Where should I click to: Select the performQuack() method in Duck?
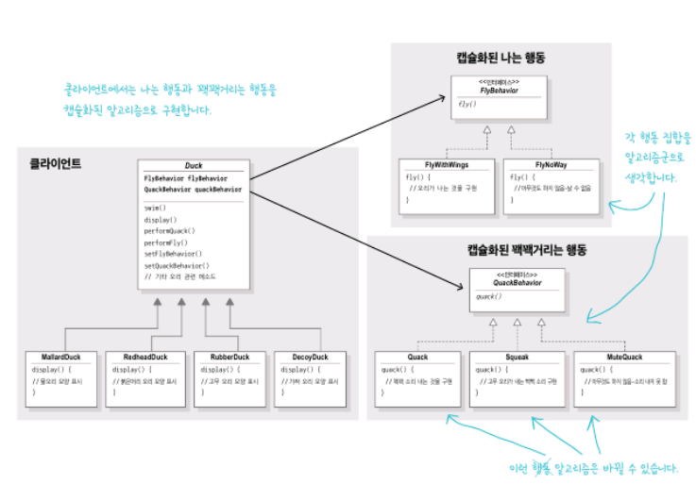pos(170,230)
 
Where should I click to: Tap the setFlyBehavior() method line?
pos(174,254)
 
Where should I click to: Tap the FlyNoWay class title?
pos(550,164)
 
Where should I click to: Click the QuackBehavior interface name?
pos(517,282)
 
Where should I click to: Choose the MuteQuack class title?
pos(624,358)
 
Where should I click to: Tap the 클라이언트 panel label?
pos(55,163)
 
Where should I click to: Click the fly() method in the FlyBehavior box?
pos(467,104)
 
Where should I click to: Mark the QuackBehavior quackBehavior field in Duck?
pos(193,189)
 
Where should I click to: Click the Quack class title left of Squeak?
pos(417,358)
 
